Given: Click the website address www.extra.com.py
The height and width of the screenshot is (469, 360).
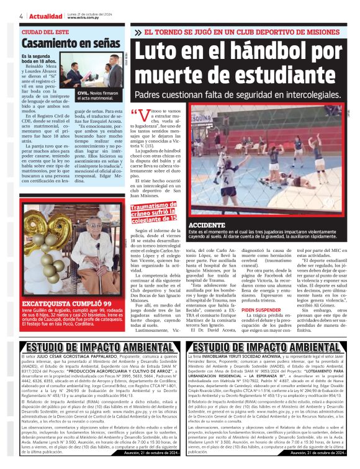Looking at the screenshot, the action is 84,18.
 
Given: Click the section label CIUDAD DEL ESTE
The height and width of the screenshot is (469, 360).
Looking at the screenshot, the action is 46,32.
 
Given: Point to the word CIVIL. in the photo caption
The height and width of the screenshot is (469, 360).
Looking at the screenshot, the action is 85,92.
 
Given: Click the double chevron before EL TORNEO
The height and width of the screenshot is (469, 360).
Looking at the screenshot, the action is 138,32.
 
